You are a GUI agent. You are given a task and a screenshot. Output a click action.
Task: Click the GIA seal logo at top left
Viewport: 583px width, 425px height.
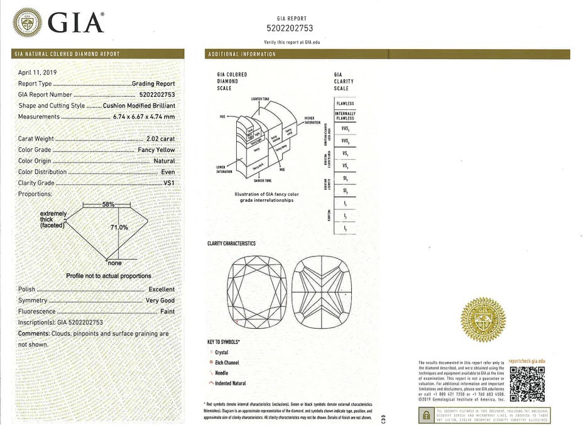(27, 23)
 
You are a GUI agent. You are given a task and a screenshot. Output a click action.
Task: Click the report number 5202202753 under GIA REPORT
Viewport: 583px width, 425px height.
(290, 28)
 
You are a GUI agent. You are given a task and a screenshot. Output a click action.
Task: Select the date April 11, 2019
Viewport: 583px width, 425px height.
(37, 72)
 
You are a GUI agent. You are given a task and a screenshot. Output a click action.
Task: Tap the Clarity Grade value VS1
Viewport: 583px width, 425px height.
(168, 183)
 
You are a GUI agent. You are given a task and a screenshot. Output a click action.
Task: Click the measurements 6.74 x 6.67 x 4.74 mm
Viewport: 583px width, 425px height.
(143, 117)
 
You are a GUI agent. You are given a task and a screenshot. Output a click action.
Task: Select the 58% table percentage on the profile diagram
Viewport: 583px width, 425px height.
(107, 205)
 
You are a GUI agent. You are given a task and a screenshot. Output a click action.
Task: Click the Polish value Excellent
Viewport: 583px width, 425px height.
(161, 289)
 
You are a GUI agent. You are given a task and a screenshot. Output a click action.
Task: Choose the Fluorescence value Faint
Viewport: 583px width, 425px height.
(167, 311)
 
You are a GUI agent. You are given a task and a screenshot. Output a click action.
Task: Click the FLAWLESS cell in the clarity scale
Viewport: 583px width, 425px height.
(345, 103)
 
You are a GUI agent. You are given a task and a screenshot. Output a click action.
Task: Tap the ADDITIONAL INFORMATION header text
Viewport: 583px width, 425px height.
(242, 55)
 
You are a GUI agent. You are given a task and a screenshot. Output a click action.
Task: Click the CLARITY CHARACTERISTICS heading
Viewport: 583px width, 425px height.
(232, 243)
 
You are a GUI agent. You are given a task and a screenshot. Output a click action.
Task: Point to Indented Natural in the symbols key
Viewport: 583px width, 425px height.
(231, 383)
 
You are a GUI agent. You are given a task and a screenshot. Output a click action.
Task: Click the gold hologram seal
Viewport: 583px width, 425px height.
(483, 320)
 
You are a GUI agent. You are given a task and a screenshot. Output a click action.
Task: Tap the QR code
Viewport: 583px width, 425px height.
(526, 384)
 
